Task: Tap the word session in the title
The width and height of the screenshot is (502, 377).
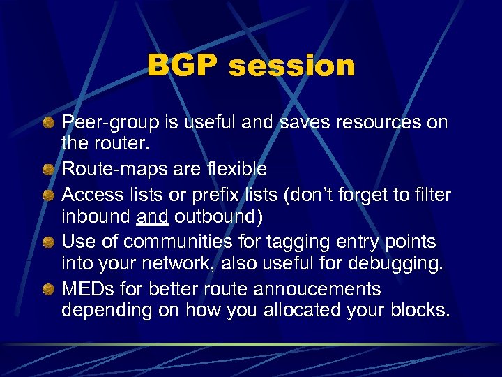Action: pos(291,66)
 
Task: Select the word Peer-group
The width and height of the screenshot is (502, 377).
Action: pos(106,123)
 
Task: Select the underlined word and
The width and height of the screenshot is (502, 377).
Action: pos(151,216)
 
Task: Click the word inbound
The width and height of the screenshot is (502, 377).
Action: pos(96,216)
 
